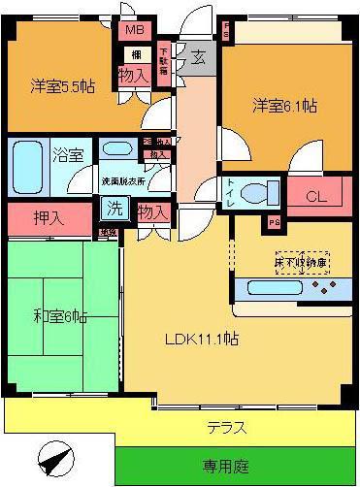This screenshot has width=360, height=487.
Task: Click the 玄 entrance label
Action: pos(197,56)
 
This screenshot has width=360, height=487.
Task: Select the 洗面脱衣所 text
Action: pos(123,180)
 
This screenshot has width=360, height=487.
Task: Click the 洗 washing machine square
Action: pos(114,208)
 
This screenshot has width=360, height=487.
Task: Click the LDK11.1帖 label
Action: pos(201,340)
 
